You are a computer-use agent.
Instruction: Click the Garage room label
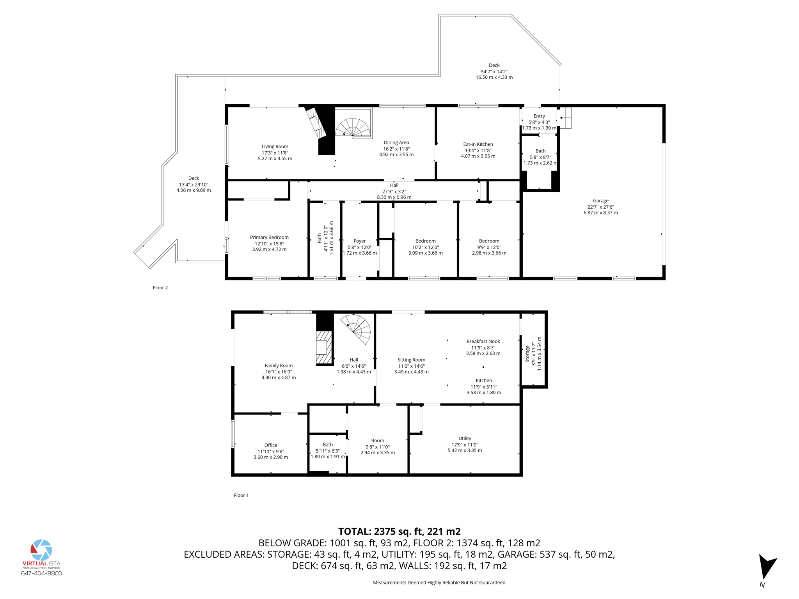point(600,201)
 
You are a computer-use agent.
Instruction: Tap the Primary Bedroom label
point(269,237)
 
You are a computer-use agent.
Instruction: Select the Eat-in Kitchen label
point(478,144)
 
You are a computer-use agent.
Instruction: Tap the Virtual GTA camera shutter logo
point(41,550)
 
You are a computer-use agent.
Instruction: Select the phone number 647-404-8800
point(41,573)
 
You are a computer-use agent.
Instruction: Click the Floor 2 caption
point(160,288)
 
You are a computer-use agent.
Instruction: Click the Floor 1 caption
point(241,495)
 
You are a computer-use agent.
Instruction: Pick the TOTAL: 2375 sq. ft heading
point(399,532)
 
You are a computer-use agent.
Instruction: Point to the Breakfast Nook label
point(483,342)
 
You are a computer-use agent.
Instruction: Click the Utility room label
point(465,438)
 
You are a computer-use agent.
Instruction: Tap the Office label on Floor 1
point(271,445)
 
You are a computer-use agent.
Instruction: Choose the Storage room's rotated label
point(528,354)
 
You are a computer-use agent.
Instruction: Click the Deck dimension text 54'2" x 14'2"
point(494,72)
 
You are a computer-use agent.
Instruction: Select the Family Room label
point(279,366)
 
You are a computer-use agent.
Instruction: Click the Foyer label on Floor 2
point(360,241)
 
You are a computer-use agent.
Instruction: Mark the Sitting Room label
point(411,360)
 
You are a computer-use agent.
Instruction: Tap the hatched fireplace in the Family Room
point(324,347)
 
